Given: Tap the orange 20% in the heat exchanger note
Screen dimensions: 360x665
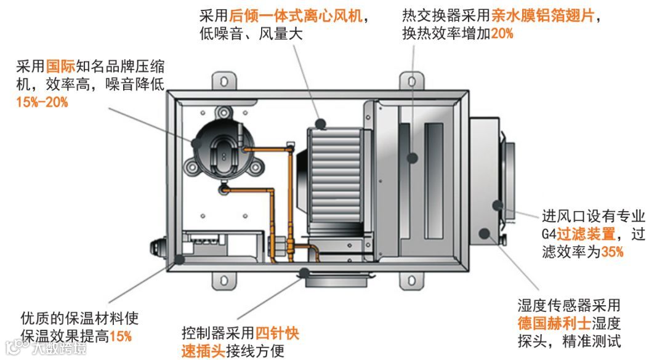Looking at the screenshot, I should click(x=502, y=34).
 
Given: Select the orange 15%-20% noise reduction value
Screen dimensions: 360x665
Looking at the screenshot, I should click(x=42, y=102).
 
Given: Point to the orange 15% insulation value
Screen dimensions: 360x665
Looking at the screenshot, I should click(x=121, y=336).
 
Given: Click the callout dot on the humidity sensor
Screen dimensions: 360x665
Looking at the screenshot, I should click(x=485, y=233).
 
